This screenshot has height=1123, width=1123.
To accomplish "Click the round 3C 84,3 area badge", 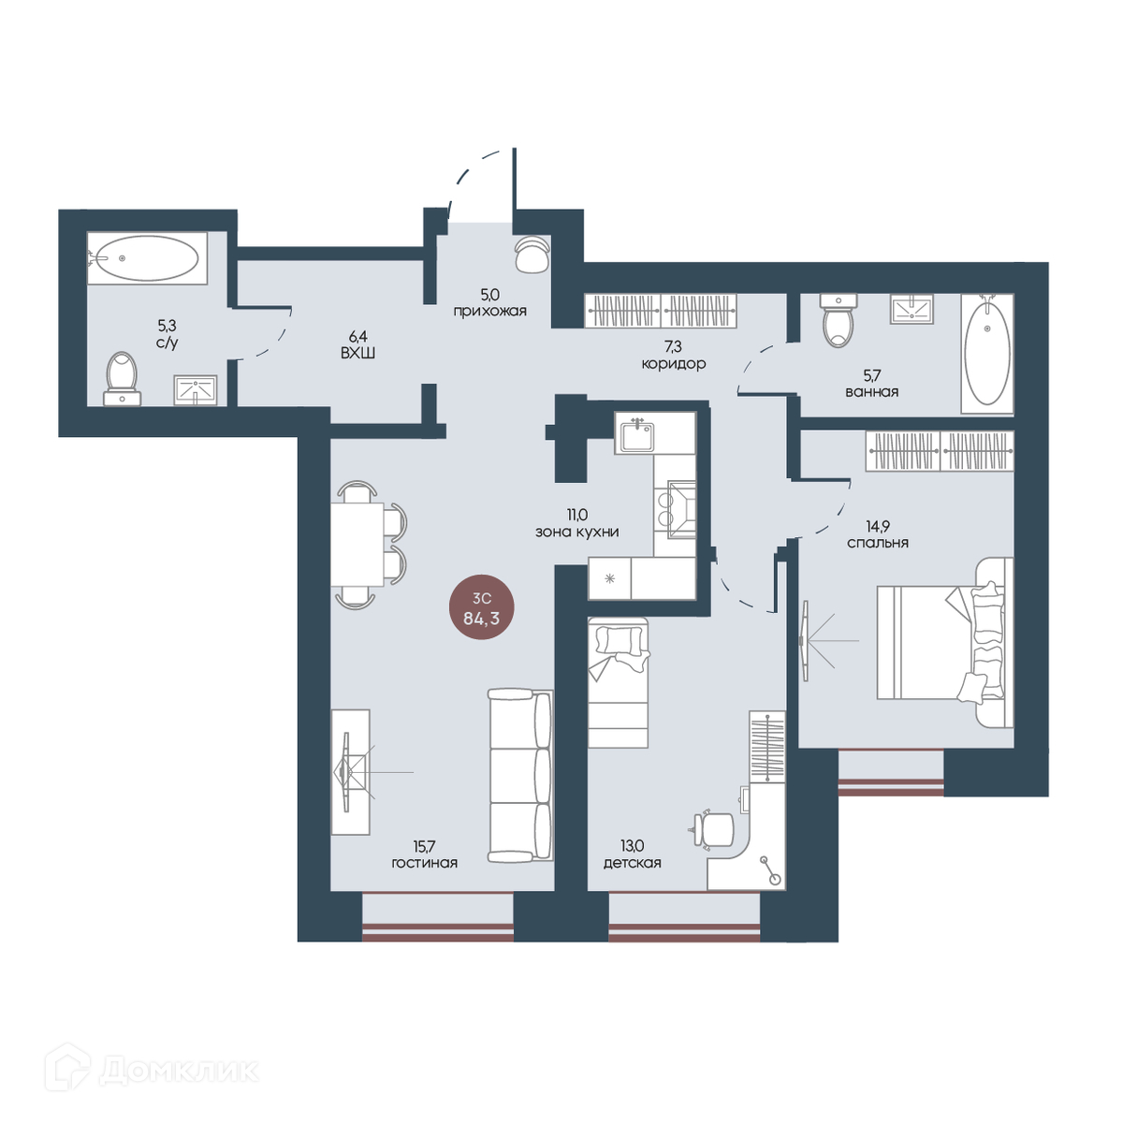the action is tap(482, 608).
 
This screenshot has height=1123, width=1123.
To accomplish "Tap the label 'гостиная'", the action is tap(425, 863).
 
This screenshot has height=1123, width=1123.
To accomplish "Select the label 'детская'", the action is tap(633, 863).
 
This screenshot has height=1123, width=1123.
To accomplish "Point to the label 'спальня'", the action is tap(878, 543).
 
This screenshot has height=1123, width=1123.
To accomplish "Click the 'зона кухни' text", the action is tap(577, 532).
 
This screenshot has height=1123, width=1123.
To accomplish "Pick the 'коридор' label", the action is tap(674, 364).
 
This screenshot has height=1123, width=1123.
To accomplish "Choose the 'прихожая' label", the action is tap(490, 312).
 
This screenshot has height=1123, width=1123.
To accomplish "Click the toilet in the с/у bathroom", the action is tap(123, 379).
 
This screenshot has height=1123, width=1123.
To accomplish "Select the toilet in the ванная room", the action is tap(838, 321).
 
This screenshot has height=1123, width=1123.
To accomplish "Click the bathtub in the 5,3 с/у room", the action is tap(148, 258).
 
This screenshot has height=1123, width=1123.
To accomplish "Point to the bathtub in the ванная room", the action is tap(987, 354).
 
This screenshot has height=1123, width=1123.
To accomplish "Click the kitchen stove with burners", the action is tap(675, 510).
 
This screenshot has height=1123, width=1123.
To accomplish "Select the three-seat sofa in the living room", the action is tap(520, 776).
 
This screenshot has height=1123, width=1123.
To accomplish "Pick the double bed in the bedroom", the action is tap(945, 642).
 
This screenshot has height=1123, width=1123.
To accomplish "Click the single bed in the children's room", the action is tap(619, 682).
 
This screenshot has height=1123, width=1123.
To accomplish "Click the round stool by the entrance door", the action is tap(532, 254).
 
